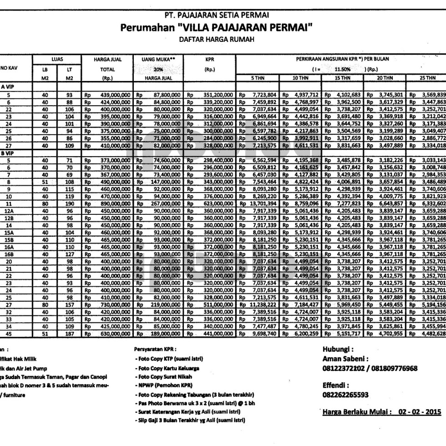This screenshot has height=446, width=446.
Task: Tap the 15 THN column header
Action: [342, 78]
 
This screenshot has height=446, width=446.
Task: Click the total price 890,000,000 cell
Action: [112, 204]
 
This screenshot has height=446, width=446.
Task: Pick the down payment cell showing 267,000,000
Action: [163, 204]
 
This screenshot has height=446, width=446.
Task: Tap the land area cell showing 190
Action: [69, 204]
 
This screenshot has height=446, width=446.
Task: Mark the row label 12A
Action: [9, 211]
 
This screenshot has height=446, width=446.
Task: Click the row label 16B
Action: [9, 241]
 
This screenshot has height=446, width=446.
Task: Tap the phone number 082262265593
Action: [346, 395]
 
